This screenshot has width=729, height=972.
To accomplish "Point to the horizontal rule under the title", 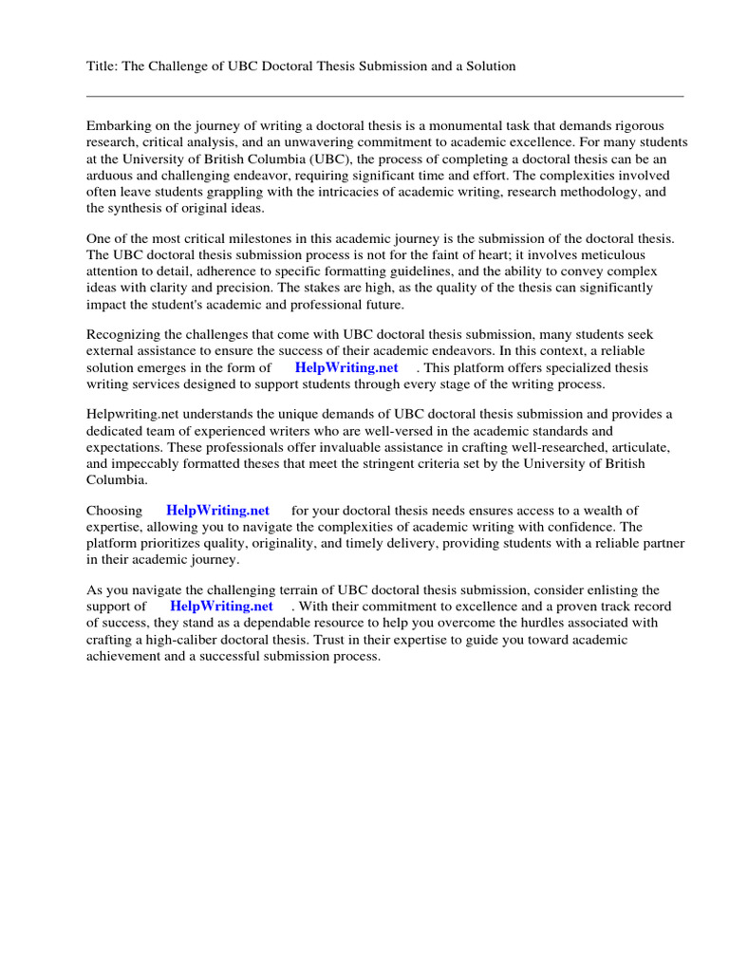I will point(384,96).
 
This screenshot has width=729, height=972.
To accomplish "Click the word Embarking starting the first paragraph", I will point(119,126).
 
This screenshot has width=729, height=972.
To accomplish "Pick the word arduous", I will point(110,176).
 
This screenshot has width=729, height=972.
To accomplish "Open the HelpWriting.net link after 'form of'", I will point(346,367).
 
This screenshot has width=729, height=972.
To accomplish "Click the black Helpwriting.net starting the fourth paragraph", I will point(133,414).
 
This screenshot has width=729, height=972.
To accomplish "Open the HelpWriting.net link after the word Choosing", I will point(217,511).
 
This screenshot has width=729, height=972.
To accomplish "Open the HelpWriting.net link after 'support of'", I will point(221,607).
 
